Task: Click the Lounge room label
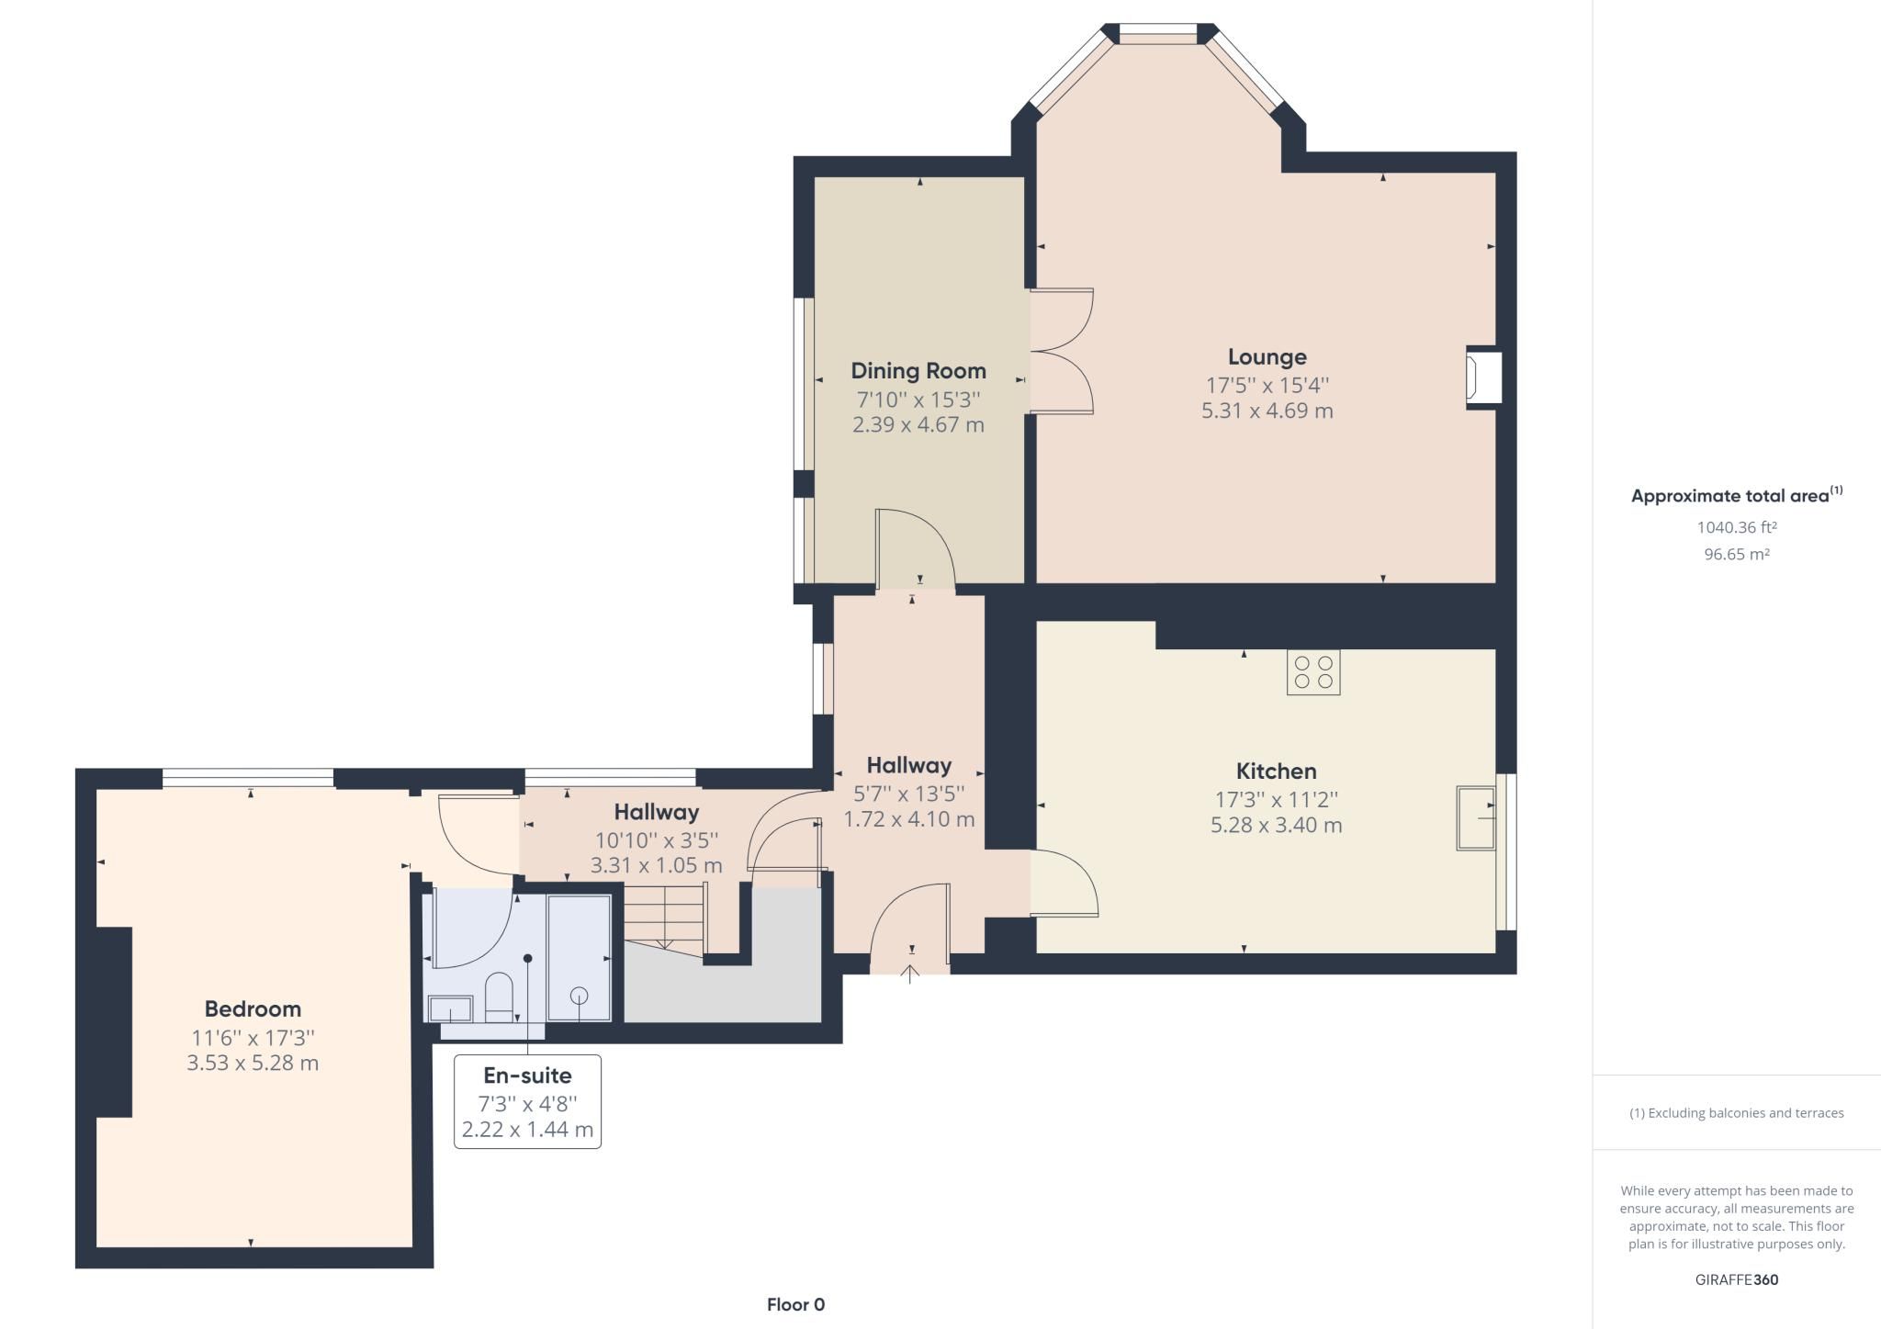point(1267,356)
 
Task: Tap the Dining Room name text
point(918,371)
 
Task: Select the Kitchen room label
point(1276,771)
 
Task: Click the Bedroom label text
point(253,1009)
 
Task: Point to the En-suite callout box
point(527,1101)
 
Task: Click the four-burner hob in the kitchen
point(1312,672)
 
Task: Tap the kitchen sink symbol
point(1476,817)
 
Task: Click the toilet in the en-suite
point(499,997)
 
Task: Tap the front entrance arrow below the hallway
point(910,973)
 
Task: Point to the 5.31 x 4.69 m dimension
point(1267,411)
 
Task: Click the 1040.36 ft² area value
point(1736,527)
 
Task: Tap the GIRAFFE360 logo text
point(1736,1279)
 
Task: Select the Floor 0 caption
point(795,1304)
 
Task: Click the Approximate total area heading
point(1730,496)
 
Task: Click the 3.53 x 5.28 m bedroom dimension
point(253,1064)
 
